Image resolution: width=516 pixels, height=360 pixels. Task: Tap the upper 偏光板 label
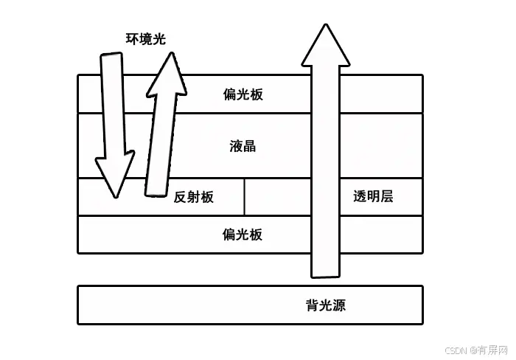point(243,94)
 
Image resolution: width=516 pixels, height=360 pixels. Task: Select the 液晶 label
point(243,145)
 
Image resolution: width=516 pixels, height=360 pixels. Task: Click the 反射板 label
point(194,197)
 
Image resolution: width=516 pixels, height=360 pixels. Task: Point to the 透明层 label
point(373,196)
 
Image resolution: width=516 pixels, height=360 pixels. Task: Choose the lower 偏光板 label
point(243,235)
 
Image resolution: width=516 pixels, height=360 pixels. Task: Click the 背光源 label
point(325,305)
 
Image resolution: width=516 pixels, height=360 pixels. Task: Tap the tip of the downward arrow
point(114,195)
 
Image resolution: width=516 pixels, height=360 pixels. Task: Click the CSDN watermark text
point(458,349)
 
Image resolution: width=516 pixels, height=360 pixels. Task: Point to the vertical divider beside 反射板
point(244,197)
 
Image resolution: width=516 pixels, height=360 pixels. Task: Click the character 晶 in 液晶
point(249,145)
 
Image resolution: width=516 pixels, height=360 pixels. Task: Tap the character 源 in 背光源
point(338,305)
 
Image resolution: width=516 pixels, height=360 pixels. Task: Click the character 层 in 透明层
point(386,196)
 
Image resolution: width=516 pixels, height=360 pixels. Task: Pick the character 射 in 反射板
point(194,197)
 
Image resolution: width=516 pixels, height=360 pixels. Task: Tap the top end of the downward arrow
point(112,56)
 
